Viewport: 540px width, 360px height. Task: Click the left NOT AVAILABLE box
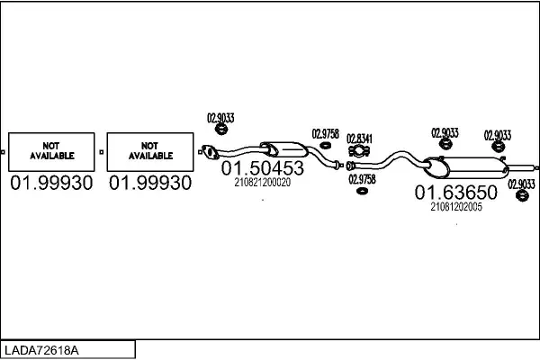[x=51, y=151]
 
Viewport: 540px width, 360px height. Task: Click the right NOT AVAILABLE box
[x=150, y=151]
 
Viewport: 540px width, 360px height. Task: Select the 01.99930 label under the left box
[x=51, y=184]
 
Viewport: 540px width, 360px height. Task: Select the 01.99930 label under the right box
[x=150, y=184]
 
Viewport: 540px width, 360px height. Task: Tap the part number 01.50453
[x=263, y=168]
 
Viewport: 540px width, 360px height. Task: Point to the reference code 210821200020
[x=262, y=182]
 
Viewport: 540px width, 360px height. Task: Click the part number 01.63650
[x=455, y=193]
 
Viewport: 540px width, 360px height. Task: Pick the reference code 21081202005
[x=455, y=206]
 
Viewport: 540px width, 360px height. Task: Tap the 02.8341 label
[x=359, y=138]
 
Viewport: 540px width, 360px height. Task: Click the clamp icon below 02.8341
[x=358, y=152]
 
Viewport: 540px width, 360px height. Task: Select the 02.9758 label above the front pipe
[x=326, y=134]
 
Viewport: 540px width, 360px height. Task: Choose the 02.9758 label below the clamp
[x=362, y=178]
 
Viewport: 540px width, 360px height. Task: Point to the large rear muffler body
[x=477, y=166]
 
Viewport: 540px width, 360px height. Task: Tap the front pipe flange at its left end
[x=211, y=152]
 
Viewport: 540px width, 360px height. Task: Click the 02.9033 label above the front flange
[x=220, y=116]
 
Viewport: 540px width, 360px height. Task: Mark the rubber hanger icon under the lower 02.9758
[x=361, y=191]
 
